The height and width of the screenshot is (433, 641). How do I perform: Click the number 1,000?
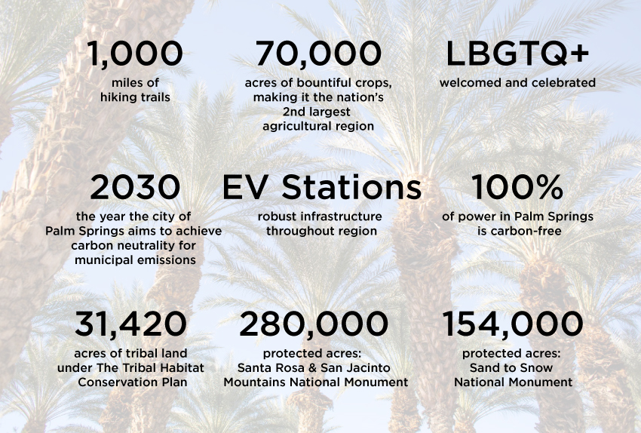135,54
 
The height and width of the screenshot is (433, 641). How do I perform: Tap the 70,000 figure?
318,54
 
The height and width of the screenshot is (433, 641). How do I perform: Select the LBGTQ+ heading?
517,54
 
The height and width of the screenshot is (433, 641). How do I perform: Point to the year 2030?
135,187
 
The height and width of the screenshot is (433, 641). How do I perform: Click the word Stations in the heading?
351,187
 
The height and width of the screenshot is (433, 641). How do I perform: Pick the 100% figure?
517,187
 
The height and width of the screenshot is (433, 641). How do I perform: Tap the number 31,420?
130,324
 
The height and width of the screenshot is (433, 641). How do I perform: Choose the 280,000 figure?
314,324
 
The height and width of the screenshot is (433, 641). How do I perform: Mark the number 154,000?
513,324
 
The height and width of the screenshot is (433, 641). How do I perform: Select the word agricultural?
293,126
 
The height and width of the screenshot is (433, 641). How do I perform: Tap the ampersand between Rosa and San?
312,368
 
